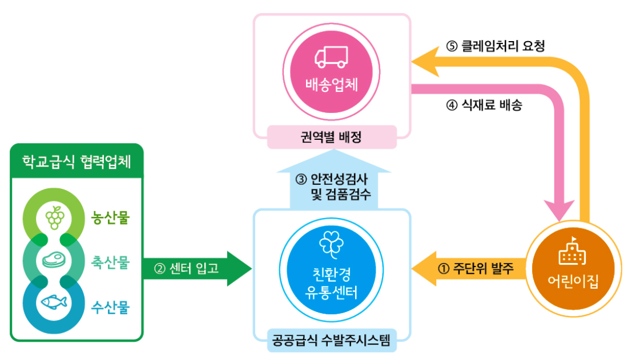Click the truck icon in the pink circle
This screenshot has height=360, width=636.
point(332,56)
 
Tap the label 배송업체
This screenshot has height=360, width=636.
point(332,85)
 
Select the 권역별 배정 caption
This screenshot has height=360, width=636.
point(332,137)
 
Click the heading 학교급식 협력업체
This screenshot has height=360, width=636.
point(77,162)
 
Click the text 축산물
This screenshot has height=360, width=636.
point(111,263)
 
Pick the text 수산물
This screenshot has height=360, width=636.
point(111,308)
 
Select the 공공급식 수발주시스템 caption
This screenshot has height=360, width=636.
point(332,343)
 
